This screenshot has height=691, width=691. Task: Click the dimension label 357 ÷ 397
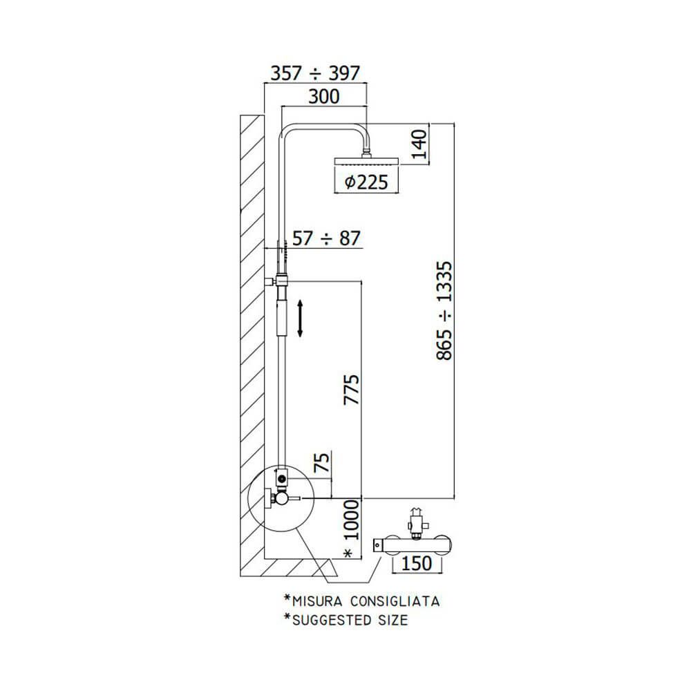(x=315, y=73)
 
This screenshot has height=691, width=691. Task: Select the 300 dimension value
(x=324, y=97)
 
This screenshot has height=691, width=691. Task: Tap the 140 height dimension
(x=419, y=144)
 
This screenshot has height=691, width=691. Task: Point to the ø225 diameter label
(x=366, y=182)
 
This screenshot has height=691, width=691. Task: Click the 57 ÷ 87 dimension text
(x=327, y=238)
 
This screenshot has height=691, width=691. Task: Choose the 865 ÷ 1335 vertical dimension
(x=444, y=311)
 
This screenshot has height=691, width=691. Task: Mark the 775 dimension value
(x=352, y=390)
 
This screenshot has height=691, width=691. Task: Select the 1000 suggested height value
(x=351, y=520)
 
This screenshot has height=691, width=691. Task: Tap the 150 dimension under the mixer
(x=417, y=563)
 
